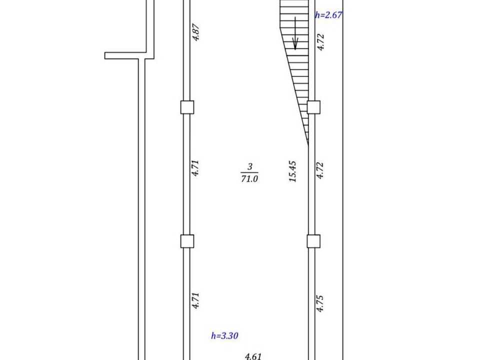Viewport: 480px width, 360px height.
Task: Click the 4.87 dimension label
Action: tap(196, 32)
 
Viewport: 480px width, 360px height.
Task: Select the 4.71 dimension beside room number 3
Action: tap(195, 168)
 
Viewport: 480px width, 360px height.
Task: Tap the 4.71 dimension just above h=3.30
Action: tap(195, 300)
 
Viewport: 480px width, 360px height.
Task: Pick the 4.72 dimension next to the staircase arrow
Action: tap(320, 42)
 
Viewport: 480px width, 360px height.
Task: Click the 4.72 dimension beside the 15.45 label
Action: tap(320, 170)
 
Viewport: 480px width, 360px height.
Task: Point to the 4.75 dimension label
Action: tap(320, 303)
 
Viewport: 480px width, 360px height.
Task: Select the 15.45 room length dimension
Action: tap(292, 171)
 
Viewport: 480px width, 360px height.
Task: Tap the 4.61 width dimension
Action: tap(253, 356)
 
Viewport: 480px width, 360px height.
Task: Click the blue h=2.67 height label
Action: tap(328, 15)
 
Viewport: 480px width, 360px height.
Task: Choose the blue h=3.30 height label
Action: tap(224, 336)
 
